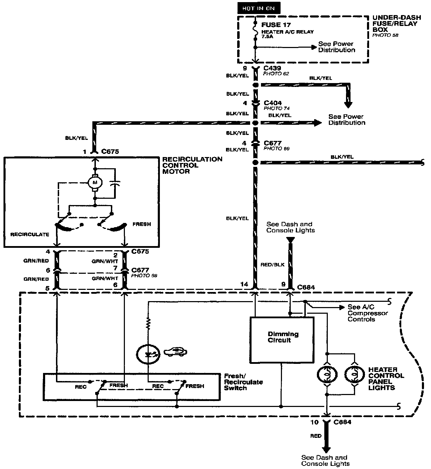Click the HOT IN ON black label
[x=259, y=8]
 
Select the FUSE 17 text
[x=276, y=25]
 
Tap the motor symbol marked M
[x=94, y=182]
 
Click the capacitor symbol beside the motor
[x=114, y=183]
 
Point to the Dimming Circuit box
[x=282, y=340]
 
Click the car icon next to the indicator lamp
[x=175, y=351]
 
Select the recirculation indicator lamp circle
[x=148, y=354]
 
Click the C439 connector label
[x=273, y=68]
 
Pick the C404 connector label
[x=273, y=103]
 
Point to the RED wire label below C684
[x=316, y=436]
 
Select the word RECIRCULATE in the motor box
[x=30, y=234]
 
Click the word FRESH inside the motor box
[x=142, y=224]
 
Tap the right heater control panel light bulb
[x=354, y=375]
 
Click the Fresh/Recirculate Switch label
[x=243, y=382]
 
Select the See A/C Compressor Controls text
[x=367, y=313]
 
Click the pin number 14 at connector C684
[x=245, y=284]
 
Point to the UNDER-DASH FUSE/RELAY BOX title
[x=395, y=24]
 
